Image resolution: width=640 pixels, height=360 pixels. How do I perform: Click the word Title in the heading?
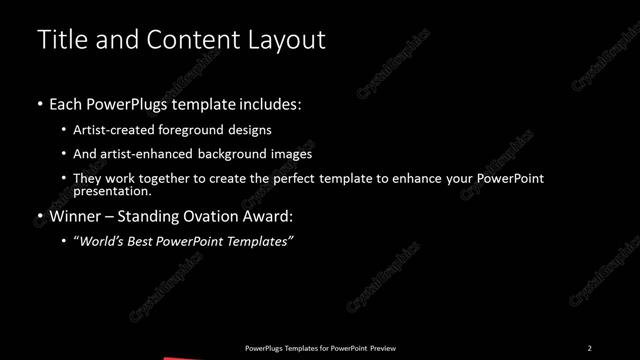click(x=59, y=40)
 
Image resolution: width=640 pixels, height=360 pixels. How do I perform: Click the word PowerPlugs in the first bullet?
click(x=135, y=103)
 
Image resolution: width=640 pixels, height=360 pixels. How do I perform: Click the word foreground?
click(x=199, y=130)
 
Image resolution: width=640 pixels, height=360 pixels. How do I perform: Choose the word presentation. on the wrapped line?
click(x=113, y=191)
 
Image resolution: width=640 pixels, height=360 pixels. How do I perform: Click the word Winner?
click(x=77, y=216)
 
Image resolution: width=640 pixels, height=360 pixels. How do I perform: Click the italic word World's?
click(x=104, y=241)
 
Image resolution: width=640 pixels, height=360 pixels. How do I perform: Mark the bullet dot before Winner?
click(x=39, y=216)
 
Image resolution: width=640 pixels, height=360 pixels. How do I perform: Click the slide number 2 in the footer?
click(x=590, y=347)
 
